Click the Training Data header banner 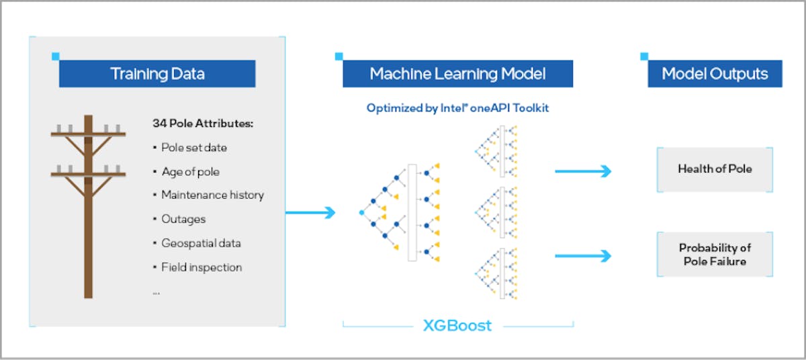tap(157, 74)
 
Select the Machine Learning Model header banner tap(457, 74)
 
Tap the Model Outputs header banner tap(715, 74)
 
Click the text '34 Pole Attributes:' tap(203, 124)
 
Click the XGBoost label tap(457, 326)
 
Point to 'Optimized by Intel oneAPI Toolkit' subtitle tap(457, 108)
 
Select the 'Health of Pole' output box tap(715, 169)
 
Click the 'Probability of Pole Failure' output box tap(715, 255)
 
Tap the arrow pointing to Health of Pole tap(583, 171)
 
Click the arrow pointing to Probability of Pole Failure tap(583, 256)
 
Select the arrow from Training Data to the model tap(310, 212)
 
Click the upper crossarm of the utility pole tap(88, 134)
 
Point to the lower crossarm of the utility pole tap(88, 175)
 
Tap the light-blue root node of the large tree tap(361, 212)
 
